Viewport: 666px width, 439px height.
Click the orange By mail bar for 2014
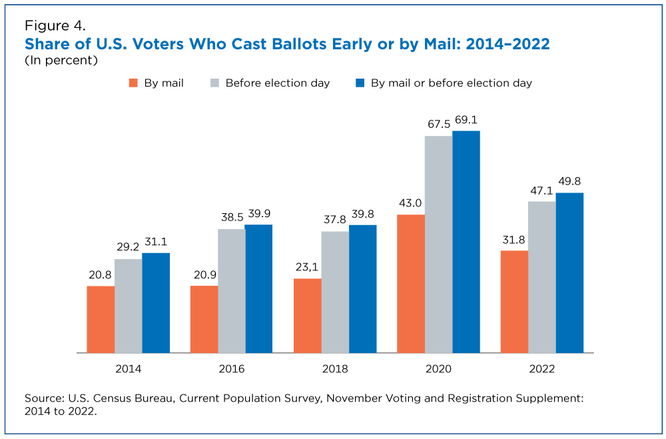(101, 320)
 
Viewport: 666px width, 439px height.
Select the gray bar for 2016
(232, 291)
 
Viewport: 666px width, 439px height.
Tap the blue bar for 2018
(363, 289)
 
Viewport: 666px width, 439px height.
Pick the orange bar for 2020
(411, 284)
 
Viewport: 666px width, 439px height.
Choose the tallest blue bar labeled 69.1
(466, 242)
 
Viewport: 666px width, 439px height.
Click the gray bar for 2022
(542, 277)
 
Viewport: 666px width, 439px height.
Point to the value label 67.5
(439, 124)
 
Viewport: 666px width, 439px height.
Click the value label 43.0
(410, 203)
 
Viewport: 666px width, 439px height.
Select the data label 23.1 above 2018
(306, 267)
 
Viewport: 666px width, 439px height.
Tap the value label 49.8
(569, 181)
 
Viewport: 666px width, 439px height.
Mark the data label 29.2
(128, 247)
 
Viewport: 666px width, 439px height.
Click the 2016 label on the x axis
(232, 369)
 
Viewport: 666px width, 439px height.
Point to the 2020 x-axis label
(438, 369)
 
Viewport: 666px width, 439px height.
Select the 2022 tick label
(542, 369)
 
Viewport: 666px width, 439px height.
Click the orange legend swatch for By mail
(133, 83)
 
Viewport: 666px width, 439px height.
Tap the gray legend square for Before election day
(215, 83)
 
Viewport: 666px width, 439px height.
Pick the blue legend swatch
(360, 83)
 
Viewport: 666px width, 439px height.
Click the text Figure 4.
(55, 26)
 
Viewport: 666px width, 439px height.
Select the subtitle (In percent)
(61, 61)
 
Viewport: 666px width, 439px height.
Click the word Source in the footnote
(45, 398)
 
